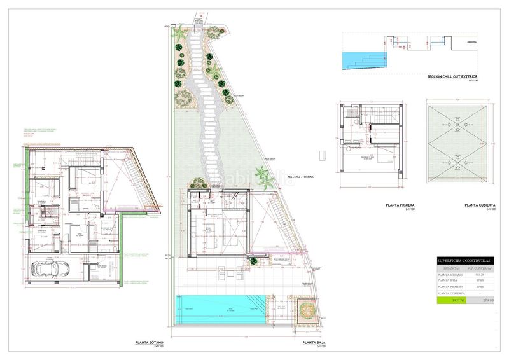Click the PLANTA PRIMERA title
[x=400, y=205]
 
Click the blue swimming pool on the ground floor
[x=220, y=309]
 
